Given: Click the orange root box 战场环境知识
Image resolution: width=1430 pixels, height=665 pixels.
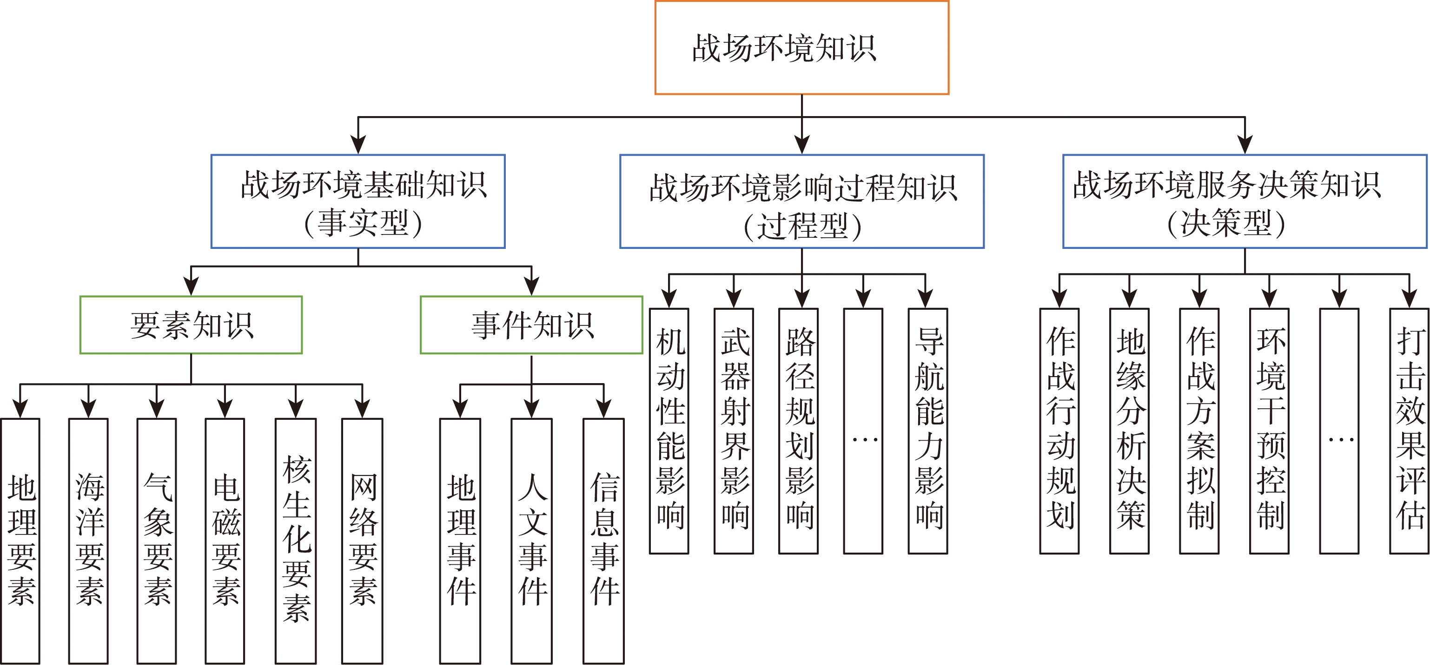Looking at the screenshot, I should point(801,48).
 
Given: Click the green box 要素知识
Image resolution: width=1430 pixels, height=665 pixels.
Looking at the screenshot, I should point(191,325).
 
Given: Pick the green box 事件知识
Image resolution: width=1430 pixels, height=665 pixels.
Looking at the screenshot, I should point(531,325).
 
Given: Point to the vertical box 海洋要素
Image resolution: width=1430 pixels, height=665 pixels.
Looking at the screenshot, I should point(88,541).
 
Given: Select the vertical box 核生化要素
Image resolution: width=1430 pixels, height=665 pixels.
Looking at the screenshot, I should point(295,541).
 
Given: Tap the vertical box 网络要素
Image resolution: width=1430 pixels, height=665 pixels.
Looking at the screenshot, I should point(362,541).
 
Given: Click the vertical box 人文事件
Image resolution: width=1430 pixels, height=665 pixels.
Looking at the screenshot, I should point(531,541).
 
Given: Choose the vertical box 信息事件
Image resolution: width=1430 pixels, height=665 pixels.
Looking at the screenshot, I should point(603,541).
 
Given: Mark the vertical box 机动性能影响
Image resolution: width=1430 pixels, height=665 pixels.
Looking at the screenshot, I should point(669,431).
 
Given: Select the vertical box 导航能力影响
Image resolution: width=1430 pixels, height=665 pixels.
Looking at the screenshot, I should point(927,431).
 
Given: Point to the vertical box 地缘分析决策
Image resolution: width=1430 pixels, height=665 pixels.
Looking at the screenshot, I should point(1129,431).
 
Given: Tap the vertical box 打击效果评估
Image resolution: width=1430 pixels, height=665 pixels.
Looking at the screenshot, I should point(1409,431).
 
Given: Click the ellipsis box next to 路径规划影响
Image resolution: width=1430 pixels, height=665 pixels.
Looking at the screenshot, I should point(863,431).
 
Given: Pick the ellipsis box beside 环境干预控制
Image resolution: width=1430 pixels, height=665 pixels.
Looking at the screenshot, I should point(1339,431).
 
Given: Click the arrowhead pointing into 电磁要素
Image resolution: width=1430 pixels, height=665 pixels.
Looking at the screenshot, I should point(225,409).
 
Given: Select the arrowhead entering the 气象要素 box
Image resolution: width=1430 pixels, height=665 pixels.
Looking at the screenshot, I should point(157,409).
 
